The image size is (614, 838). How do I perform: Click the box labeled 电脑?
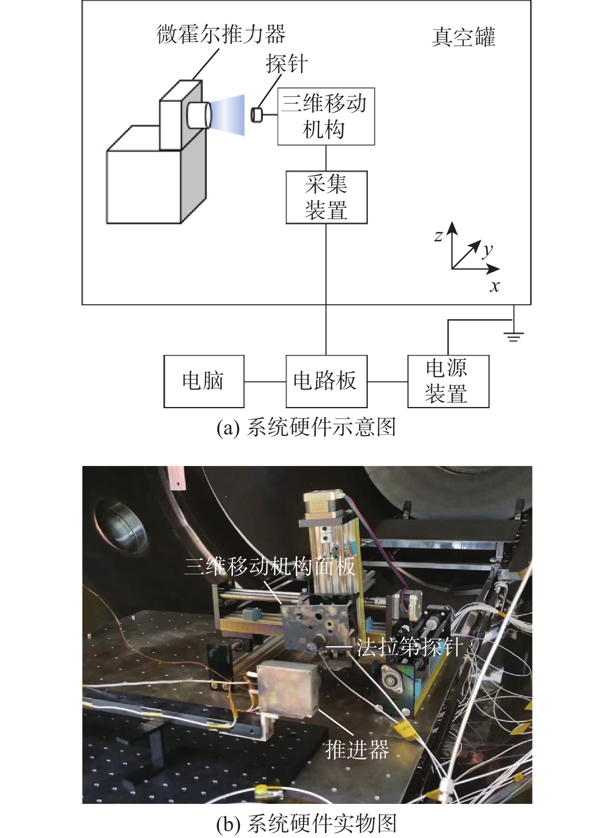[203, 381]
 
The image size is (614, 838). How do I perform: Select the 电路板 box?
[326, 381]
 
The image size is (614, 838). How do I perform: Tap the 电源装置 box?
[448, 381]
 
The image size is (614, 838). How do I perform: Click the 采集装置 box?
[326, 197]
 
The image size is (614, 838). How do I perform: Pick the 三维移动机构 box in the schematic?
[326, 117]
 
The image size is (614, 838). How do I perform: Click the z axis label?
[438, 236]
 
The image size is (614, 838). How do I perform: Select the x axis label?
[494, 286]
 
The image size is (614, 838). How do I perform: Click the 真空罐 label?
[463, 37]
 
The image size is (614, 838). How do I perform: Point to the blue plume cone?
[229, 115]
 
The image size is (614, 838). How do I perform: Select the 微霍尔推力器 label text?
[221, 34]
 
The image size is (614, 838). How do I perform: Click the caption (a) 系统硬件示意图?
[306, 427]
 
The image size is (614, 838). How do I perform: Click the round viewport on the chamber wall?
[120, 526]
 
